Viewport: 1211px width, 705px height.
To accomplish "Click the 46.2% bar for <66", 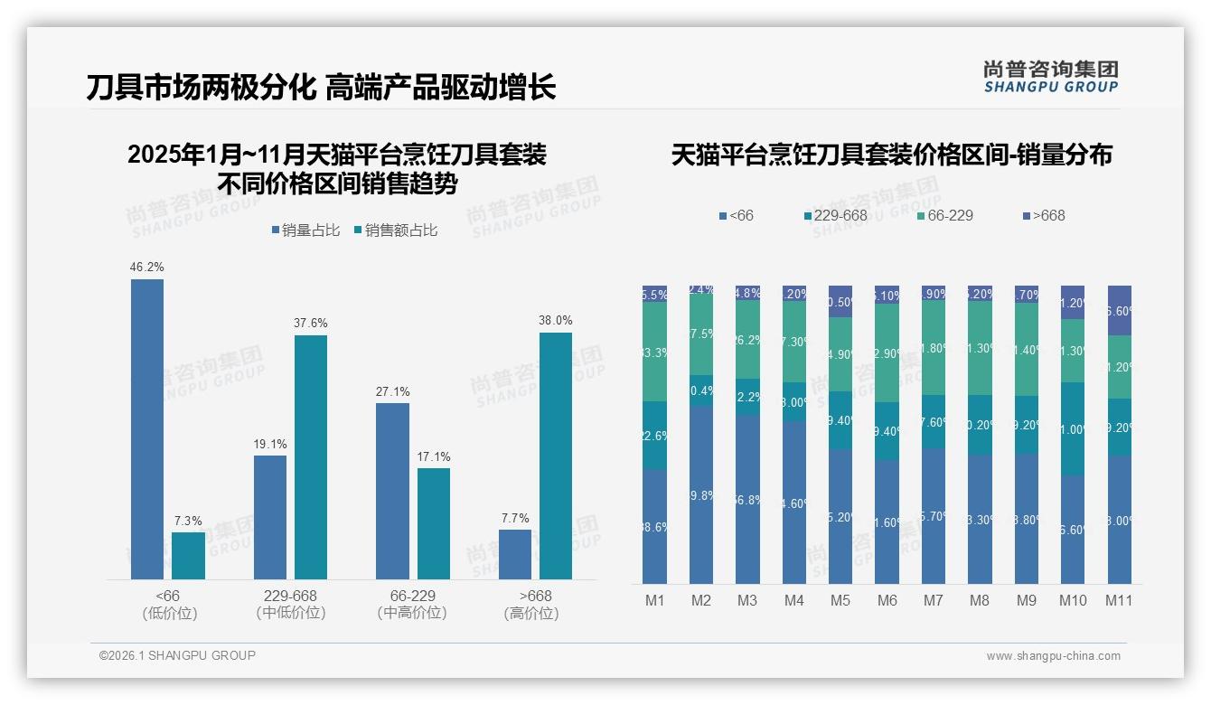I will pos(147,429).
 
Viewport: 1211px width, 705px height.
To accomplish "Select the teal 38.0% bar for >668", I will pos(556,456).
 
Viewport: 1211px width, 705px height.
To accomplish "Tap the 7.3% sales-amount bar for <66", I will pos(188,556).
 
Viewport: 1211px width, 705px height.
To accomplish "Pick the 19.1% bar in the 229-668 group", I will pos(270,517).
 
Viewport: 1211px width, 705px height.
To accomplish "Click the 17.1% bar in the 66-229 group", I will pos(434,523).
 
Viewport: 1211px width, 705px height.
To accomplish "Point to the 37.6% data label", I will pos(311,323).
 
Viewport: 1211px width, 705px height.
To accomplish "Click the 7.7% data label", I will pos(514,518).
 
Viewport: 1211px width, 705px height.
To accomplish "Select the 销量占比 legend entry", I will pos(305,230).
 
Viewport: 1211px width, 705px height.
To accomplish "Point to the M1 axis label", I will pos(654,600).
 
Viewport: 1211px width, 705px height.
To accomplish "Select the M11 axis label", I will pos(1119,600).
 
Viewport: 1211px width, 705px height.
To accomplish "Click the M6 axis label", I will pos(887,600).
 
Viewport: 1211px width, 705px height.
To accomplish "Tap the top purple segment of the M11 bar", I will pos(1119,310).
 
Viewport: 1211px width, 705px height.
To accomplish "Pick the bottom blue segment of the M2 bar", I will pos(701,495).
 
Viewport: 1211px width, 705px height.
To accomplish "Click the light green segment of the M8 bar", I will pos(980,348).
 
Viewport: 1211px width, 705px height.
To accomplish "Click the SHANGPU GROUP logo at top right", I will pos(1050,77).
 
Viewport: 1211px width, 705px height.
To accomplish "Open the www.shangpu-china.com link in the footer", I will pos(1053,656).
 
